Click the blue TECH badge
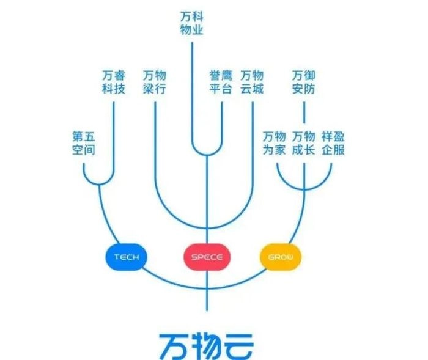pyautogui.click(x=127, y=257)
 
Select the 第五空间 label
pyautogui.click(x=83, y=142)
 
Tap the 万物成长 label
pyautogui.click(x=304, y=142)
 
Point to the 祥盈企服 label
pyautogui.click(x=333, y=142)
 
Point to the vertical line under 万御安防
pyautogui.click(x=304, y=113)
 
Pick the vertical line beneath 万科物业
pyautogui.click(x=193, y=92)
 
